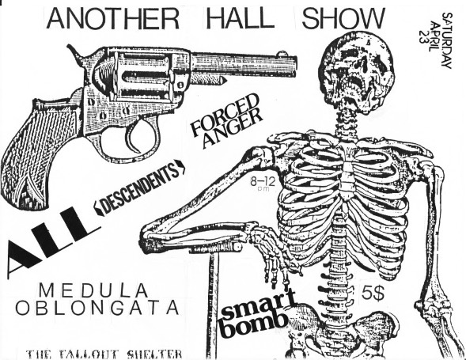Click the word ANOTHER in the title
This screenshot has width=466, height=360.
[112, 18]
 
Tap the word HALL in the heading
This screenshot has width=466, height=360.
[241, 18]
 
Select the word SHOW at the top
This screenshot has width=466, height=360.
[343, 18]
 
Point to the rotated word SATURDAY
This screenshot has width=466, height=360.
[447, 40]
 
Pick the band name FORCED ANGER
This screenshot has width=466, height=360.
[226, 119]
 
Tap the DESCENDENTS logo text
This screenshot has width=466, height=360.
[140, 188]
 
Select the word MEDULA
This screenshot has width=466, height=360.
[93, 290]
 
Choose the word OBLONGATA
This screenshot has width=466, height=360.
[97, 308]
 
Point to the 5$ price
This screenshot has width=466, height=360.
[373, 293]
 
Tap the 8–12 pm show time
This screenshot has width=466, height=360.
[262, 184]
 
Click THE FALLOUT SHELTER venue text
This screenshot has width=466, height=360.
[104, 354]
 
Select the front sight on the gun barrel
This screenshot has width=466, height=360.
[281, 54]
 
